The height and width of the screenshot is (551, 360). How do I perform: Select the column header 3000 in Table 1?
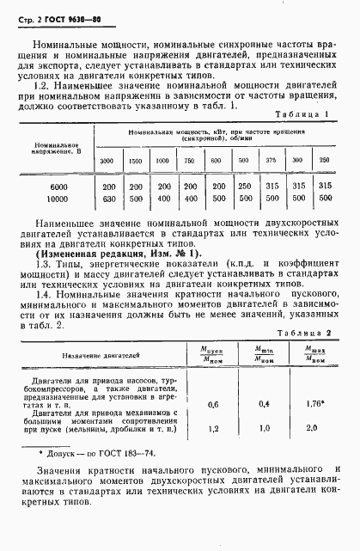click(107, 161)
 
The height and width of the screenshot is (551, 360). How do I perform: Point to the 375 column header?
click(271, 161)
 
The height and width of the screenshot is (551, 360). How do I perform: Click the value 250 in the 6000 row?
click(244, 186)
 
